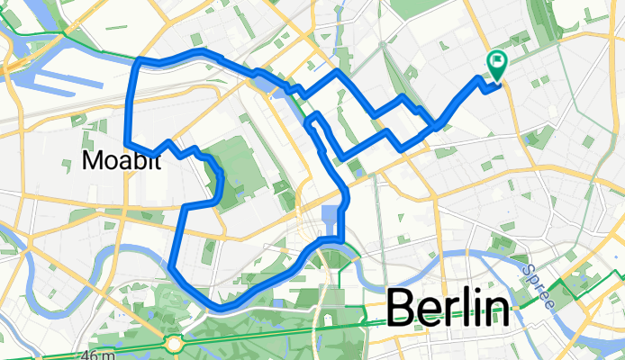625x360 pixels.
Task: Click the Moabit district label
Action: pyautogui.click(x=123, y=160)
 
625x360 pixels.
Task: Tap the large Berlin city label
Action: pyautogui.click(x=447, y=310)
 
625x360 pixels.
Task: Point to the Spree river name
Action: pyautogui.click(x=536, y=283)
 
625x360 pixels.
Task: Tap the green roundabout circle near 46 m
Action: pyautogui.click(x=175, y=342)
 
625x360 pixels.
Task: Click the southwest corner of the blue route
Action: pyautogui.click(x=170, y=265)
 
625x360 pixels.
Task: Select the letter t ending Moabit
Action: pyautogui.click(x=160, y=160)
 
